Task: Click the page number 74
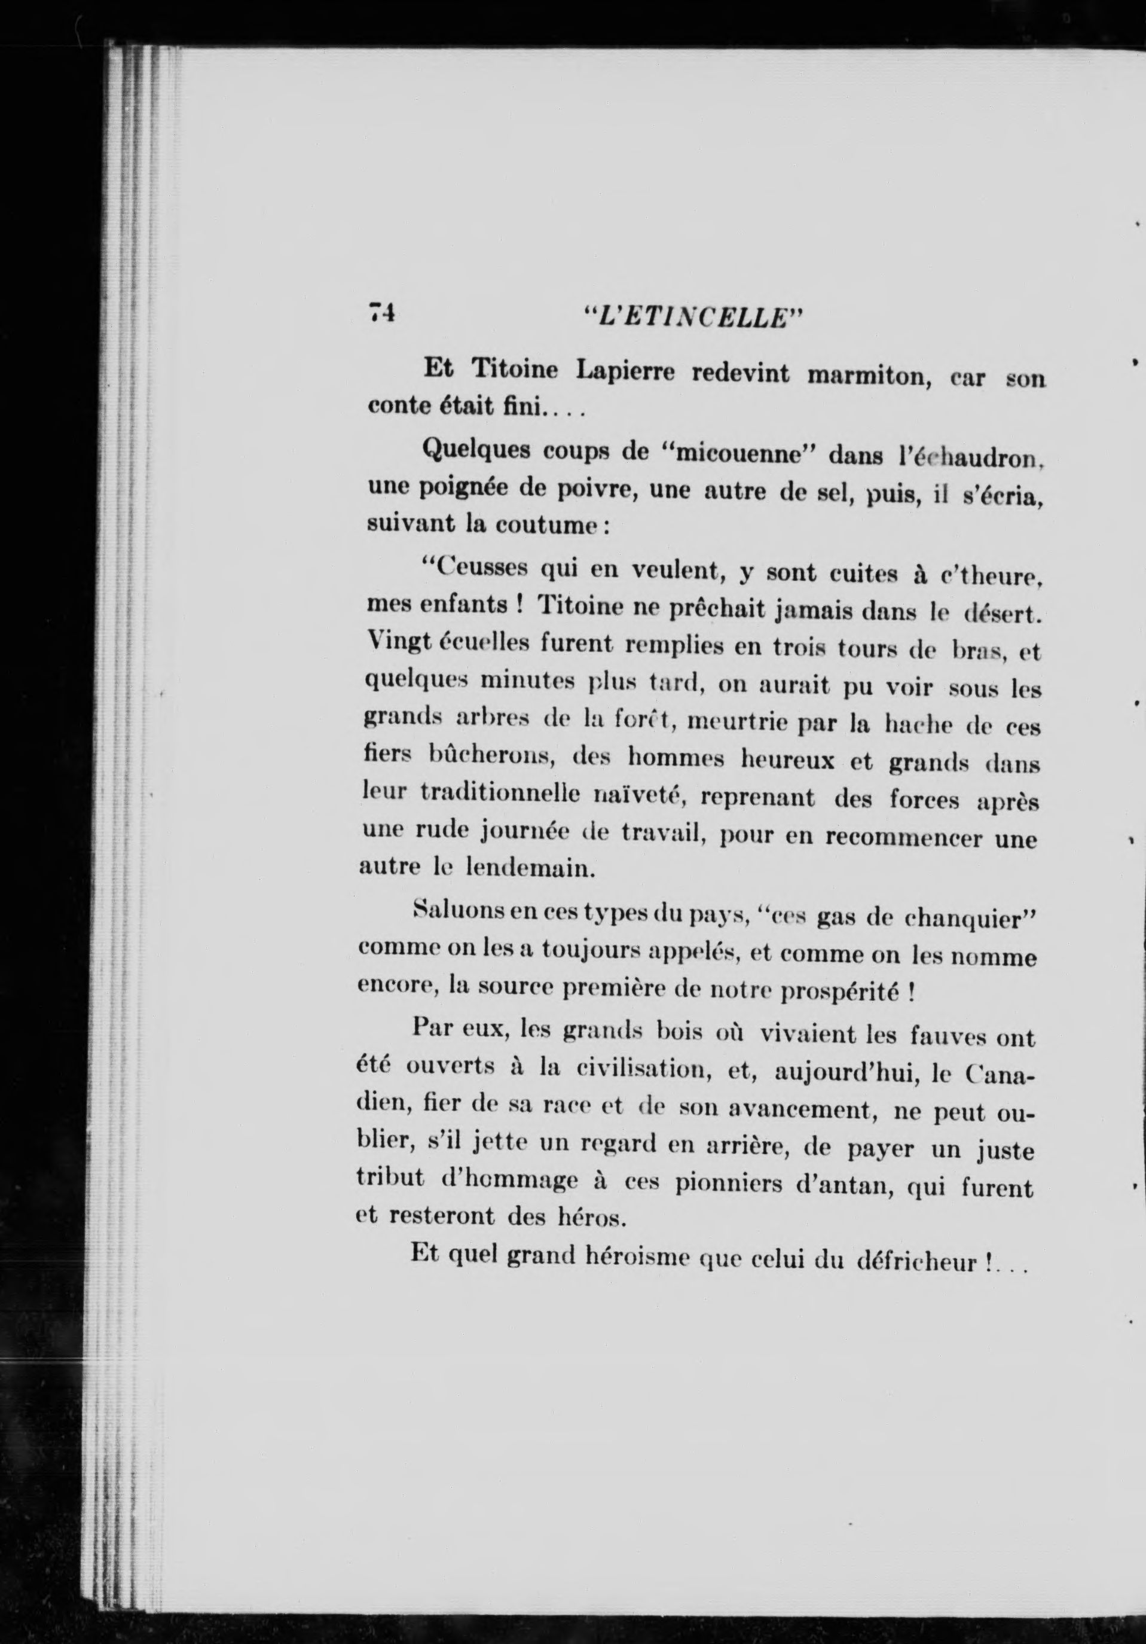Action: coord(381,313)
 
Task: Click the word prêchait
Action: coord(690,609)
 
